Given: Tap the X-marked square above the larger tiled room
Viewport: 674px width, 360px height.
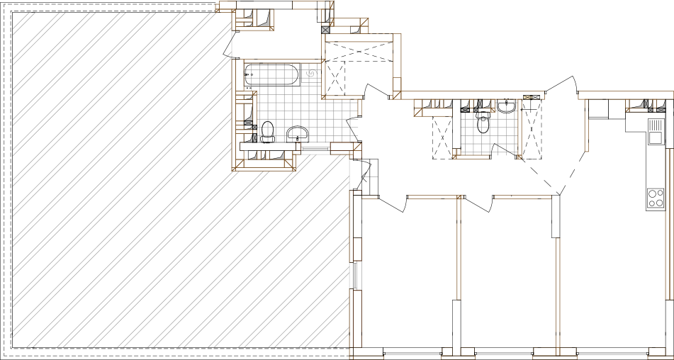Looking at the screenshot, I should tap(325, 30).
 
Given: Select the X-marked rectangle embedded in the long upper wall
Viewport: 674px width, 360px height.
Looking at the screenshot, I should tap(527, 97).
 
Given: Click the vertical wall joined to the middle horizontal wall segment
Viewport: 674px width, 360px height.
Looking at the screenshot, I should tap(459, 248).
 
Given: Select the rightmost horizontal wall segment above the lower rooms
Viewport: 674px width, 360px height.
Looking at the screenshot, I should tap(522, 198).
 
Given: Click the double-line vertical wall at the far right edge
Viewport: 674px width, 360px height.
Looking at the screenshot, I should tap(668, 223).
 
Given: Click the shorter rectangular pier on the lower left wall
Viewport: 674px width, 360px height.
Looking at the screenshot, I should tap(356, 249).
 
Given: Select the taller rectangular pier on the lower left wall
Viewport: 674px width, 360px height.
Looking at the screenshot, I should tap(356, 319).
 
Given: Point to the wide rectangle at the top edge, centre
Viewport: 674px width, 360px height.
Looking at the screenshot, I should tap(310, 5).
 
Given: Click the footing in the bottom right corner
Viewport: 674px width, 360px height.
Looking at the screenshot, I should tap(660, 354).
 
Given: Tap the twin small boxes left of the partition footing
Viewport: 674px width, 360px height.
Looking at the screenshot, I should tap(458, 351).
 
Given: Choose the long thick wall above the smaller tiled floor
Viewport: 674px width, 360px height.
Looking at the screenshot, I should tap(468, 95).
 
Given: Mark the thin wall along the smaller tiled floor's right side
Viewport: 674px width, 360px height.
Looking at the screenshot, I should tap(520, 128).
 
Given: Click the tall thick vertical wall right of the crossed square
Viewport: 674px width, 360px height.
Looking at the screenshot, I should tap(397, 64).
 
